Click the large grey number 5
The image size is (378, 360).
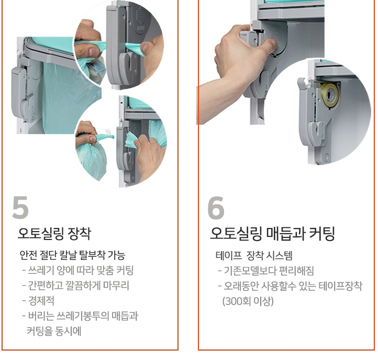20,208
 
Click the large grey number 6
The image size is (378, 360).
216,208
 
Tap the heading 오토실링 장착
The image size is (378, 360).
54,233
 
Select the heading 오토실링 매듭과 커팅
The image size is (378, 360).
272,233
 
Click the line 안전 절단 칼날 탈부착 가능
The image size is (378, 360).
72,255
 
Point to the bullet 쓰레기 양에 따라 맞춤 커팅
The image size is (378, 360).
78,270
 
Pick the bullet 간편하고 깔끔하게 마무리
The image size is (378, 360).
76,286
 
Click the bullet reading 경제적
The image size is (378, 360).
38,301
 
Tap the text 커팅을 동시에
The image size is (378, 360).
54,331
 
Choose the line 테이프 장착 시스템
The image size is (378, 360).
254,256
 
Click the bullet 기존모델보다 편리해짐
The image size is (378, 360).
266,271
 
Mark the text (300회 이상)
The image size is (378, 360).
248,301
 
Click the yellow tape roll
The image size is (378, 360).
330,94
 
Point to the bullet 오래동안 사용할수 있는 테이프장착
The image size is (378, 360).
290,286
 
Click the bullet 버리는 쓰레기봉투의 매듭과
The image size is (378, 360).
80,316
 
